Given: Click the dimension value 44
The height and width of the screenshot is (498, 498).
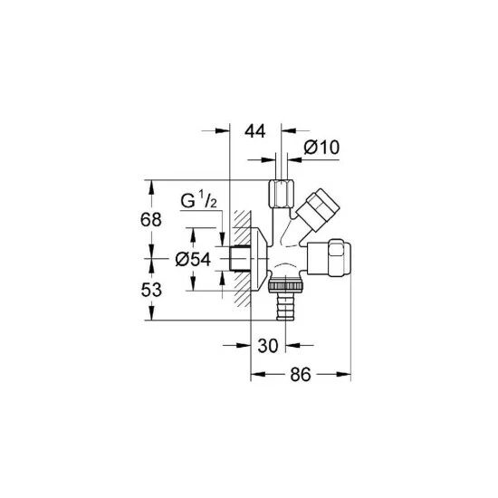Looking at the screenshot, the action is pyautogui.click(x=254, y=131).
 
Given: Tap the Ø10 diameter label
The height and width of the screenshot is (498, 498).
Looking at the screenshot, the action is pyautogui.click(x=321, y=148).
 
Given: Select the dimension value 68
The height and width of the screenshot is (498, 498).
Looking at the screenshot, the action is pyautogui.click(x=151, y=219).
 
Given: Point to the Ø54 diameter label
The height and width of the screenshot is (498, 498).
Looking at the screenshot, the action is pyautogui.click(x=193, y=260).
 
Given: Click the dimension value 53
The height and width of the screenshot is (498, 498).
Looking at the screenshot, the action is pyautogui.click(x=151, y=290).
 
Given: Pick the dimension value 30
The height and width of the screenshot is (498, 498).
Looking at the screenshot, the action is pyautogui.click(x=268, y=346).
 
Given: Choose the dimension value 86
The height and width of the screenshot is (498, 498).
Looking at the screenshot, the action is pyautogui.click(x=300, y=375).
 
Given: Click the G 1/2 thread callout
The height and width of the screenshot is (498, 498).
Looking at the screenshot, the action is pyautogui.click(x=199, y=200).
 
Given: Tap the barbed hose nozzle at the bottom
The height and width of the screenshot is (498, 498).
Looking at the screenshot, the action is pyautogui.click(x=285, y=306).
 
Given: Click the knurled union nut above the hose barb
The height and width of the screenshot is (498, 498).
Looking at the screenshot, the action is pyautogui.click(x=286, y=285).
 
